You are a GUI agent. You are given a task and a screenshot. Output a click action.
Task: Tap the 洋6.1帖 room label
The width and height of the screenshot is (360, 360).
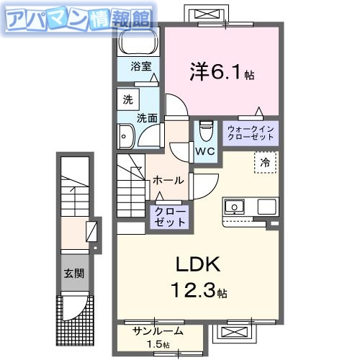[x=222, y=71]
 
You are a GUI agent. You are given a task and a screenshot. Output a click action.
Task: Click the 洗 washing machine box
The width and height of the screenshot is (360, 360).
[x=127, y=99]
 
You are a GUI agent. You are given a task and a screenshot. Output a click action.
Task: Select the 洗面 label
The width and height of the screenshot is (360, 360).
[x=148, y=117]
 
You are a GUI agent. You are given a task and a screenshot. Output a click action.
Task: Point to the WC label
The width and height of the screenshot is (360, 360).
[x=205, y=152]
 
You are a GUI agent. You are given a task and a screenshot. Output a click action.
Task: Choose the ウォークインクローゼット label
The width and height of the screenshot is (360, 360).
[x=249, y=131]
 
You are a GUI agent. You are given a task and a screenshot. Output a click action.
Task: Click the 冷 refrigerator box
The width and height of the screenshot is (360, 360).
[x=265, y=163]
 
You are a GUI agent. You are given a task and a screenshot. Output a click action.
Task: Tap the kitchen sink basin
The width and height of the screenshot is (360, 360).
[x=235, y=207]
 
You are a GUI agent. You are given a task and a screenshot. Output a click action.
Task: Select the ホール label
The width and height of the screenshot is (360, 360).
[x=168, y=180]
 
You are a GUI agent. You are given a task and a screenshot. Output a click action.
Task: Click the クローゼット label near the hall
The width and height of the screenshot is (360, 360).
[x=170, y=216]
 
